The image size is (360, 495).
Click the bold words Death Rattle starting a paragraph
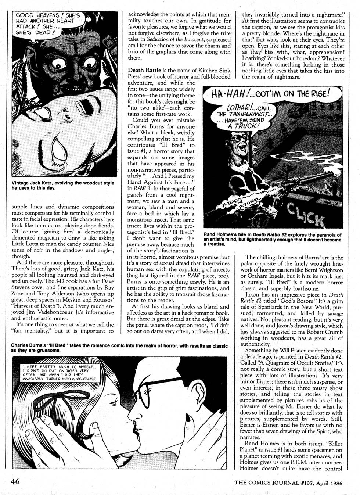[144, 70]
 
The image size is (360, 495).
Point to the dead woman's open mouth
[65, 144]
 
